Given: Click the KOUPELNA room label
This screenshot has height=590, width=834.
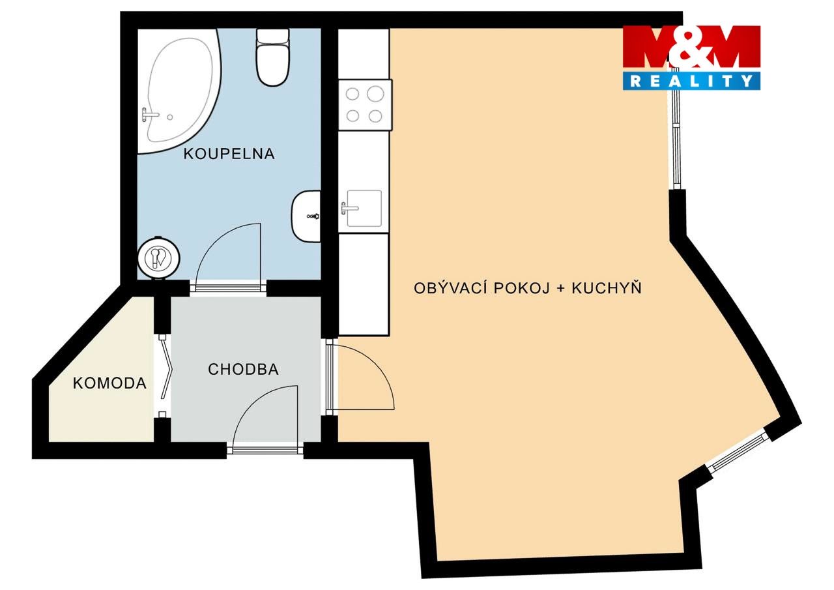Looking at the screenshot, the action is click(x=229, y=153).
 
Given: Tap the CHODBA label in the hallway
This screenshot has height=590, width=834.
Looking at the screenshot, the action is click(x=243, y=369).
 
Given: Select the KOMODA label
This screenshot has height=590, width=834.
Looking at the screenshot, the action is click(x=109, y=383).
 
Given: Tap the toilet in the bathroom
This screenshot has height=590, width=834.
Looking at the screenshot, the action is click(x=273, y=57).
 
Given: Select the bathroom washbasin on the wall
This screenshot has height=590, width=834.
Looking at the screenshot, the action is click(x=306, y=216).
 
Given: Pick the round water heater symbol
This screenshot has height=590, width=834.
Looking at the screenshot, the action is click(x=158, y=258).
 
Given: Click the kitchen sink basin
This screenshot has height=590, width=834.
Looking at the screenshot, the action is click(x=364, y=208).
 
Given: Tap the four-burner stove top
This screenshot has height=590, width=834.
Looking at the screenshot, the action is click(x=365, y=105).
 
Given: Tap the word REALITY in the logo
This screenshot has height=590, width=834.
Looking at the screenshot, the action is click(x=691, y=80).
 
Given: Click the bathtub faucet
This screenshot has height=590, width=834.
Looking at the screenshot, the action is click(x=149, y=115).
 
